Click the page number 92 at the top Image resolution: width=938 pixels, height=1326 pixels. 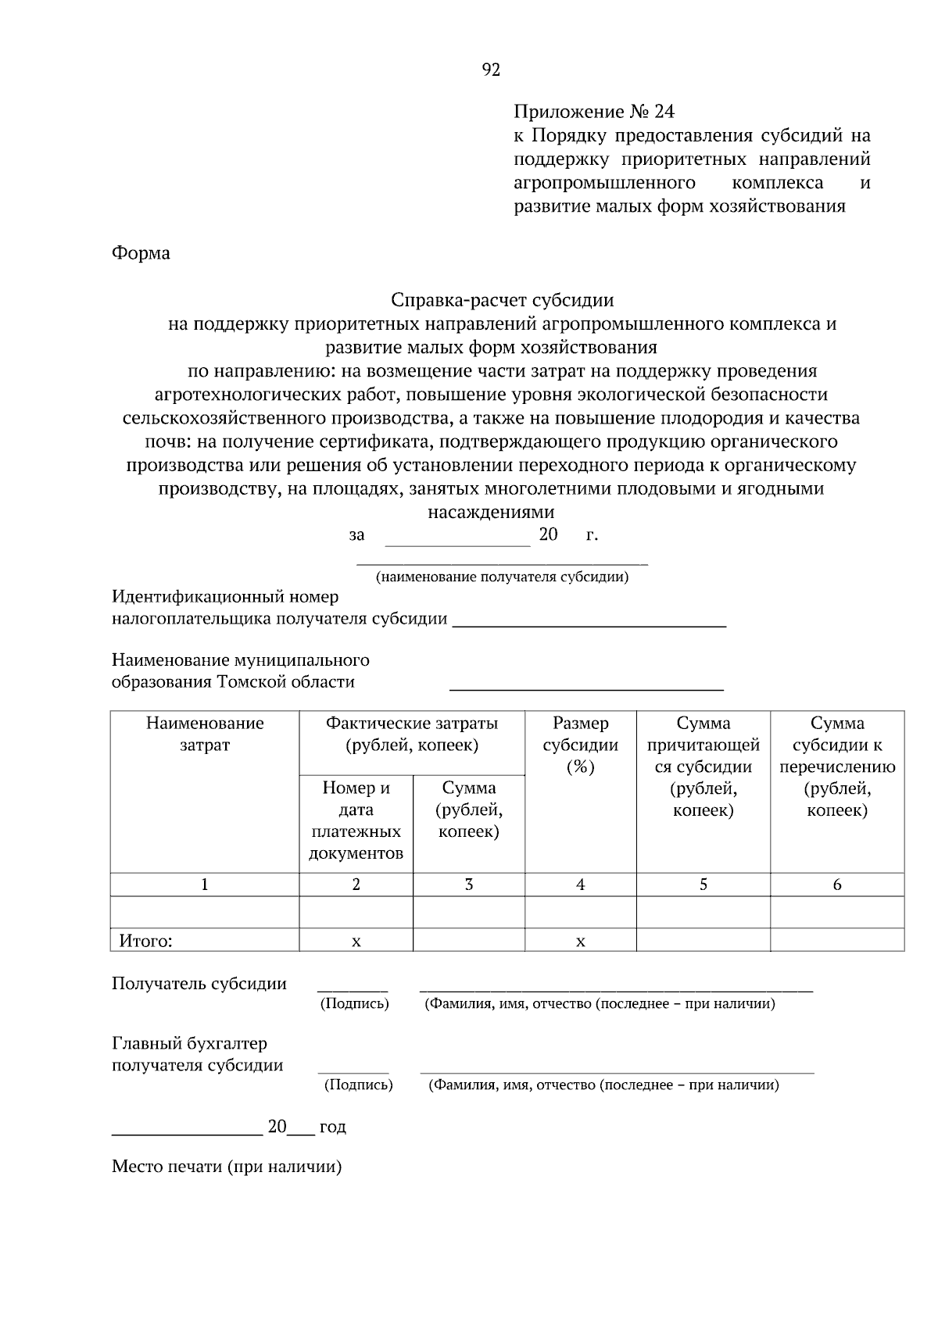pyautogui.click(x=491, y=70)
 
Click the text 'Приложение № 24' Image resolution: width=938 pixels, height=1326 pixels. pyautogui.click(x=593, y=111)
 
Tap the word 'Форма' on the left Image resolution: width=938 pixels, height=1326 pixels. pyautogui.click(x=141, y=253)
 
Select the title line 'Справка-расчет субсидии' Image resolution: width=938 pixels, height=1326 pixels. pyautogui.click(x=502, y=300)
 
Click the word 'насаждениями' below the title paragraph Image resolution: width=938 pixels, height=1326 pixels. pyautogui.click(x=491, y=513)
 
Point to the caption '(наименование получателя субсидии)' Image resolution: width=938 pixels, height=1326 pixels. pyautogui.click(x=502, y=577)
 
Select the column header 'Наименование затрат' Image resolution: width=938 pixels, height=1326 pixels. pyautogui.click(x=205, y=734)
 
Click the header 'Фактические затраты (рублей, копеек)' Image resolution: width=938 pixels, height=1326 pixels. pyautogui.click(x=412, y=734)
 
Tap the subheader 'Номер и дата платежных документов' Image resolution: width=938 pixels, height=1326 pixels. pyautogui.click(x=356, y=820)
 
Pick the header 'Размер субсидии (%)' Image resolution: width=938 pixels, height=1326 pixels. pyautogui.click(x=580, y=745)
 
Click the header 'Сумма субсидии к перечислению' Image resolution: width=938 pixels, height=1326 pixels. pyautogui.click(x=836, y=766)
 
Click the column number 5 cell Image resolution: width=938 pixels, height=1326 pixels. pyautogui.click(x=703, y=885)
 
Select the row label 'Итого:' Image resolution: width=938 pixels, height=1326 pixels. pyautogui.click(x=145, y=941)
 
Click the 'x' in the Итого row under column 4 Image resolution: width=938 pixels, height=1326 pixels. pyautogui.click(x=580, y=942)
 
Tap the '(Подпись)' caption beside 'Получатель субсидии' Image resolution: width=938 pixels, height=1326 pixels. pyautogui.click(x=354, y=1004)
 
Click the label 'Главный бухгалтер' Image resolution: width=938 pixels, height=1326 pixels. pyautogui.click(x=189, y=1044)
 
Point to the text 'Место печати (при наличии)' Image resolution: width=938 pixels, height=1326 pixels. pyautogui.click(x=227, y=1167)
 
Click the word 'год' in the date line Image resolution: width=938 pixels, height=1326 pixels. pyautogui.click(x=332, y=1127)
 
